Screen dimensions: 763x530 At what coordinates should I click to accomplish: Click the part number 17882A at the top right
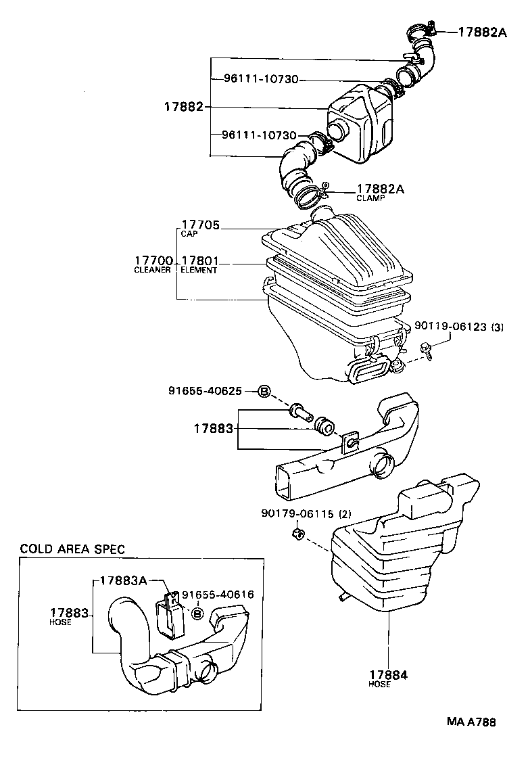482,31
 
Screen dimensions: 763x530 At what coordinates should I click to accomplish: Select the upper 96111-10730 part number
260,79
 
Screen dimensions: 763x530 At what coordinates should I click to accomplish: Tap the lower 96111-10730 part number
259,135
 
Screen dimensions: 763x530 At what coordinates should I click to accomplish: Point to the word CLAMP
370,198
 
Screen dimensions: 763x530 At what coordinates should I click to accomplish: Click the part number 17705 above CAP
201,225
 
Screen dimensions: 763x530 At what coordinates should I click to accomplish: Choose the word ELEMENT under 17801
199,271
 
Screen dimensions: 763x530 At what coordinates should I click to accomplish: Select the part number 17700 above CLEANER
154,260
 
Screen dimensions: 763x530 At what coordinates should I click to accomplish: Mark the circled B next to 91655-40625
264,391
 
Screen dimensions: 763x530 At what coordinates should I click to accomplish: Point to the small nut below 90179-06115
297,535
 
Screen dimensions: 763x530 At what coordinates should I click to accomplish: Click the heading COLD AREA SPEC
72,549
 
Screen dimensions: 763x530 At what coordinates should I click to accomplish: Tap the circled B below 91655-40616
197,614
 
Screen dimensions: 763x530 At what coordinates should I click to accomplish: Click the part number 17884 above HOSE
389,674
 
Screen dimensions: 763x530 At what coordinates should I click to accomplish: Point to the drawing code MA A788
471,722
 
